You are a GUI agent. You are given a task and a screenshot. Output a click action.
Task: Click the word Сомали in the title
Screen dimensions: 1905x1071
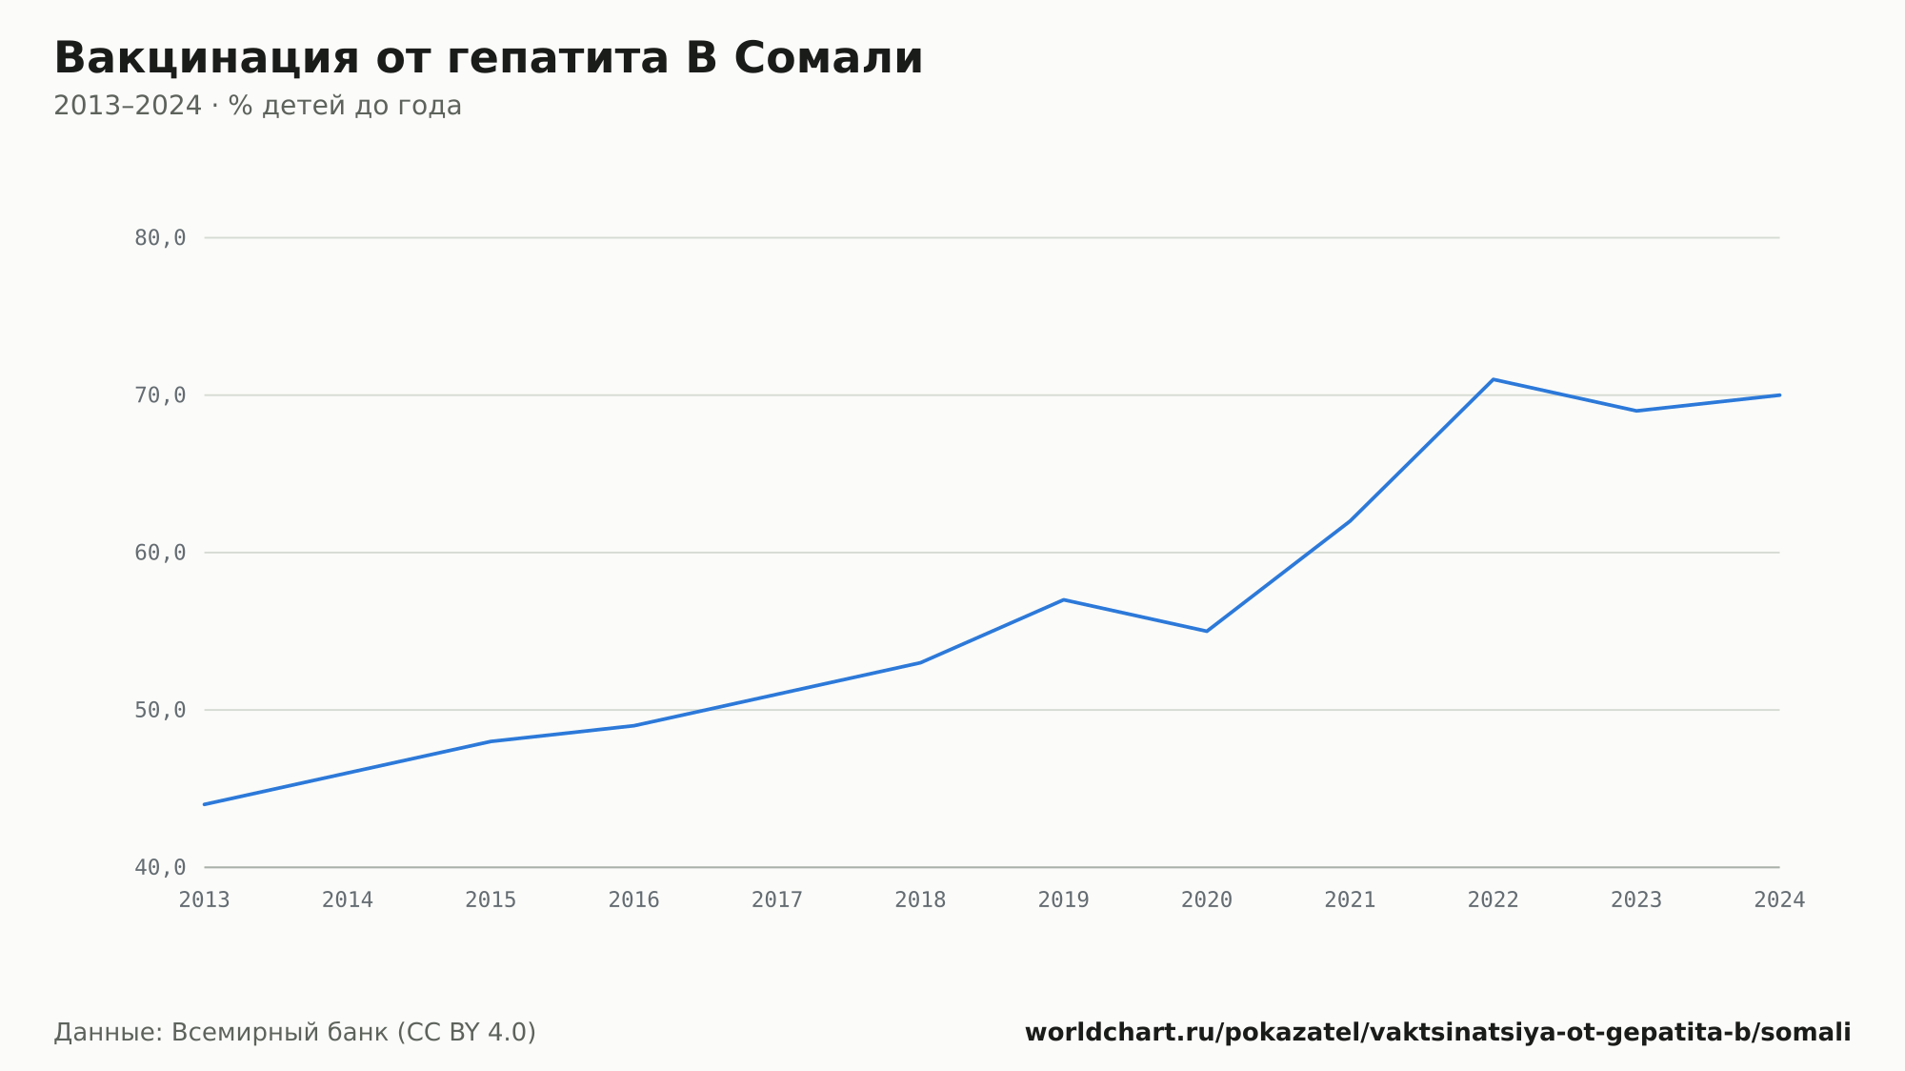828,58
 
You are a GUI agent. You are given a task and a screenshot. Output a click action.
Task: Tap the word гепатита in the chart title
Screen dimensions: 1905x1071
557,59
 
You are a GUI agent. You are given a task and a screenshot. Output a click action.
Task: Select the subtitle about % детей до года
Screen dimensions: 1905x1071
257,106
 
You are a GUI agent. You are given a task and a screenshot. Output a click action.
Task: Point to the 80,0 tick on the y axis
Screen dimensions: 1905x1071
160,238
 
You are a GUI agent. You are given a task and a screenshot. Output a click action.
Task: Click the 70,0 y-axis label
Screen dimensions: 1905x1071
160,395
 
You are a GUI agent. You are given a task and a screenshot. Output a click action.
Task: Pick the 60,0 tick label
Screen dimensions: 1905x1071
160,553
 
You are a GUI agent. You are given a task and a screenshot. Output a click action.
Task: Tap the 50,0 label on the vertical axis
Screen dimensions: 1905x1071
160,710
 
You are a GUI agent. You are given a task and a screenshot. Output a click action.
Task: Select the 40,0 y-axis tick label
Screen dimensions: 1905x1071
160,867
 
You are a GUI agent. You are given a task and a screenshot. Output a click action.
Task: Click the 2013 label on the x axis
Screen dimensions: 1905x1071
205,900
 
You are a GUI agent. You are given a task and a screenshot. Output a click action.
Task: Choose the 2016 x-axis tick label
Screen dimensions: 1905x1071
634,900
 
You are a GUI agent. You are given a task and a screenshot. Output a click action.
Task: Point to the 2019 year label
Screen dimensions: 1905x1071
1064,900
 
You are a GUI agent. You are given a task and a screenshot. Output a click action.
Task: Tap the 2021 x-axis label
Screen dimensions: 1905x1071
1350,900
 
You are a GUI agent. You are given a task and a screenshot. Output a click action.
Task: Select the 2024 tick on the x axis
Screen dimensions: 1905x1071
1779,900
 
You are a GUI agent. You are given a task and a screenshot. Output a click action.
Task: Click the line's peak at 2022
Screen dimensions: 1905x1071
1493,379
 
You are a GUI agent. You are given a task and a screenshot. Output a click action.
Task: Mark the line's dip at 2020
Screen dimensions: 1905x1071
1207,631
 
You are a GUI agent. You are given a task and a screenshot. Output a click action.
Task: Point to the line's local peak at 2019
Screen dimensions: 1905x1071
1063,599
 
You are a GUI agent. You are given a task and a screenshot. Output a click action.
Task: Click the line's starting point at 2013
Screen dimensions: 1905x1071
205,804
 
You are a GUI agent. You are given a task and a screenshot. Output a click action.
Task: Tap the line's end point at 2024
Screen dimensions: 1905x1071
1779,395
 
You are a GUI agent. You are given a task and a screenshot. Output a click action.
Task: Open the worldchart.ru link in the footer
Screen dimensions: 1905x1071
1437,1033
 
